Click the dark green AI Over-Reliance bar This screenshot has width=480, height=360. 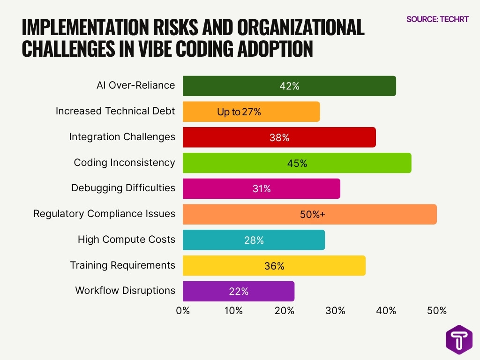pos(289,86)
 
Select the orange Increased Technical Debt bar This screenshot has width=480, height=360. pos(251,112)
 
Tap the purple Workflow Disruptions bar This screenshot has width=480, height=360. pos(239,291)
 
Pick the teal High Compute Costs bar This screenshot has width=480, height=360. pos(254,240)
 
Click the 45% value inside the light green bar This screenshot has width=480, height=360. pos(297,163)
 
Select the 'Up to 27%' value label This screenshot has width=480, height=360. pos(239,112)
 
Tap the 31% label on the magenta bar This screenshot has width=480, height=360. pos(261,189)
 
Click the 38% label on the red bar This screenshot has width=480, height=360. pos(279,138)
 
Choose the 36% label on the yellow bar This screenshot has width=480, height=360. pos(274,266)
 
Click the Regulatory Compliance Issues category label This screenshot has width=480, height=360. pos(104,214)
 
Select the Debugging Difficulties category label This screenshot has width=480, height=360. pos(123,188)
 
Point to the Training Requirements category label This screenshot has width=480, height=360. pos(122,265)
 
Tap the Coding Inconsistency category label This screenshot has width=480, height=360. pos(124,163)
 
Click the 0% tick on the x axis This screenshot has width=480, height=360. pos(183,311)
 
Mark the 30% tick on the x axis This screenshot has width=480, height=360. pos(335,311)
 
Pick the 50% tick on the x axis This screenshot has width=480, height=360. pos(436,311)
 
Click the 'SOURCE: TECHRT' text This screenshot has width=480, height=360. pos(437,19)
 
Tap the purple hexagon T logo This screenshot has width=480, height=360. pos(458,339)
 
